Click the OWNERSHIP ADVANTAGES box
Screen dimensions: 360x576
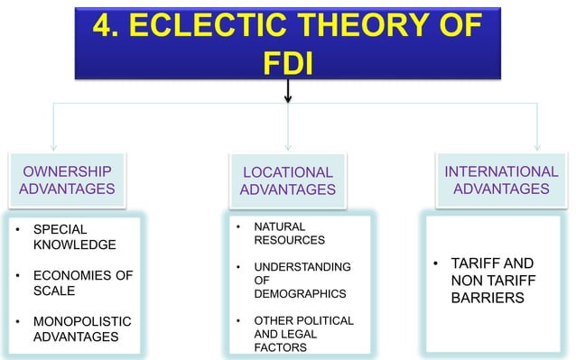67,180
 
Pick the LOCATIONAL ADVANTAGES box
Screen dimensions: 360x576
287,180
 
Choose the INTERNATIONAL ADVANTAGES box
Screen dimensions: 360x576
501,180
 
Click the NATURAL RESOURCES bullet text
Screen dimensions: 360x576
281,233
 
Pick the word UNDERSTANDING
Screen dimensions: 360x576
302,267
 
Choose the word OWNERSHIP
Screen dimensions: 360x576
67,171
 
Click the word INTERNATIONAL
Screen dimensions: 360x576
501,171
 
